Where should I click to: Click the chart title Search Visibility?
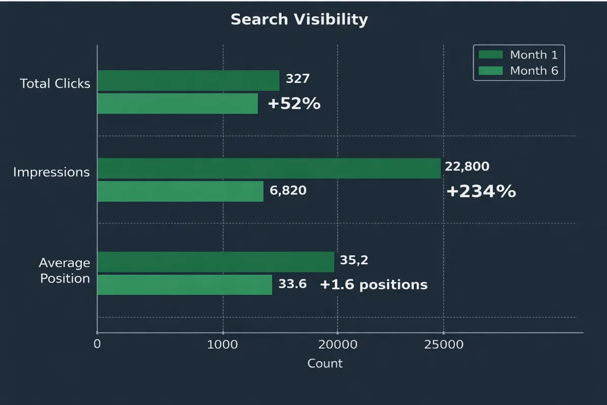pyautogui.click(x=299, y=20)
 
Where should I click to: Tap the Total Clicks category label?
pyautogui.click(x=55, y=84)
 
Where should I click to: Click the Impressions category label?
pyautogui.click(x=51, y=172)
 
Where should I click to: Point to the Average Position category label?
pyautogui.click(x=64, y=271)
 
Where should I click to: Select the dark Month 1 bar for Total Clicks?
pyautogui.click(x=188, y=80)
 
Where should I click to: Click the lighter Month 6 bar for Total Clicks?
pyautogui.click(x=178, y=103)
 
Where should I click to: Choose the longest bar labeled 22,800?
pyautogui.click(x=269, y=168)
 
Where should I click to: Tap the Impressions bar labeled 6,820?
pyautogui.click(x=180, y=191)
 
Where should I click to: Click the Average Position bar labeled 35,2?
pyautogui.click(x=215, y=262)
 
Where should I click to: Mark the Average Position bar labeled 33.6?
pyautogui.click(x=184, y=285)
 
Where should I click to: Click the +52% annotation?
pyautogui.click(x=294, y=104)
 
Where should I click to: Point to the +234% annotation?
pyautogui.click(x=481, y=191)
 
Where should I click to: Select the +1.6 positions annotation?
pyautogui.click(x=373, y=285)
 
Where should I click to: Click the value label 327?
pyautogui.click(x=297, y=79)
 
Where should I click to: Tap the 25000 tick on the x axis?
pyautogui.click(x=444, y=345)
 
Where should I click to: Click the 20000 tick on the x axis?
pyautogui.click(x=337, y=345)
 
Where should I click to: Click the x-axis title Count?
pyautogui.click(x=325, y=363)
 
